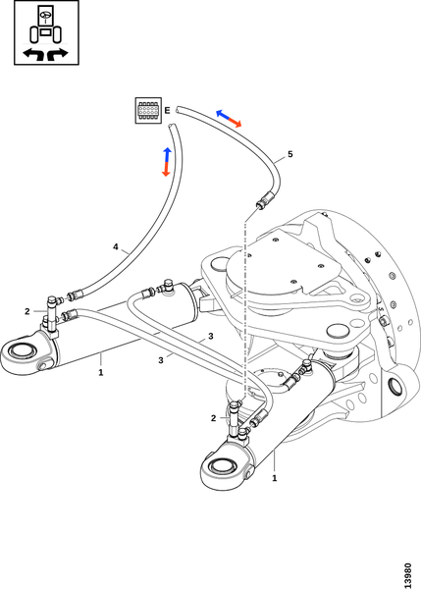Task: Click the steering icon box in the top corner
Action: click(46, 32)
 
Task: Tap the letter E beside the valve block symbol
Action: click(167, 110)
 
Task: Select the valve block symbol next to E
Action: click(148, 110)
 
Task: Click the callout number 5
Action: click(289, 154)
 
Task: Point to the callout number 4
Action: click(115, 246)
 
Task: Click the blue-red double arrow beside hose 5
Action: click(229, 119)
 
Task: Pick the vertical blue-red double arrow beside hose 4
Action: click(167, 162)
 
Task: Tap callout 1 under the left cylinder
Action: click(101, 373)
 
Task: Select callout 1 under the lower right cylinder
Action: click(275, 478)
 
